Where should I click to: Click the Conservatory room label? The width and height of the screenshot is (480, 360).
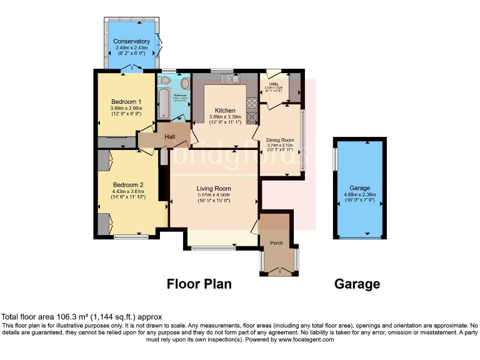131,42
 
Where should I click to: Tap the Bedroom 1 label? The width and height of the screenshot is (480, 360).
126,102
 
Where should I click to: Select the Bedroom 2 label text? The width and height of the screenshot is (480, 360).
128,184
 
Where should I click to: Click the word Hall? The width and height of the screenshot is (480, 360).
169,136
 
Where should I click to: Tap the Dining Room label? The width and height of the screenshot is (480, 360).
280,140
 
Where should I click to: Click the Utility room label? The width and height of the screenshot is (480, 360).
274,83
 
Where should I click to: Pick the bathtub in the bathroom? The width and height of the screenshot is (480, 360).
164,104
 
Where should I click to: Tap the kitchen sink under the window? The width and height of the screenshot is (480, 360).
226,78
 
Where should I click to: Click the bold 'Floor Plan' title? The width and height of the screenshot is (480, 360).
199,284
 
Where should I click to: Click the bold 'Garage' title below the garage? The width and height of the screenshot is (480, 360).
357,284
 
